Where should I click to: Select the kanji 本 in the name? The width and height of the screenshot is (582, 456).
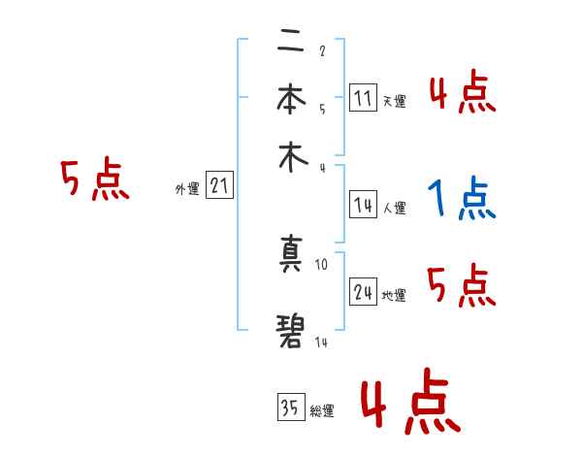pos(290,99)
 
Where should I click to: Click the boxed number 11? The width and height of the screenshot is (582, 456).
pos(363,97)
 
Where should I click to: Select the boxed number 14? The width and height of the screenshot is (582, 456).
pos(363,204)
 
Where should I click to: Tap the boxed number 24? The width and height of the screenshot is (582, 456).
pos(364,292)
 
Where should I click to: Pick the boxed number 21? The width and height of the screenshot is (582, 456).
pos(219,186)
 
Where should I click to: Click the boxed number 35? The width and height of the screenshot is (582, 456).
pos(289,407)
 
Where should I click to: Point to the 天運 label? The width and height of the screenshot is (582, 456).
pos(394,101)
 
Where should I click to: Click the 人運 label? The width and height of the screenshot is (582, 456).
pos(394,208)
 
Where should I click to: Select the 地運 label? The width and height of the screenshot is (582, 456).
pos(394,295)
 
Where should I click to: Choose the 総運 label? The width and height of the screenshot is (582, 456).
pos(321,411)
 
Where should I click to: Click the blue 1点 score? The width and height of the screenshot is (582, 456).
pos(462,199)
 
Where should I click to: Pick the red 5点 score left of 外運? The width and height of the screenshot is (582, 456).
pos(95,180)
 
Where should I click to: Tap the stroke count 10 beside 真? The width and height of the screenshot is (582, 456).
pos(323,263)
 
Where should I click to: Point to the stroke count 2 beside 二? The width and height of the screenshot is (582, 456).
pos(322,51)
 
